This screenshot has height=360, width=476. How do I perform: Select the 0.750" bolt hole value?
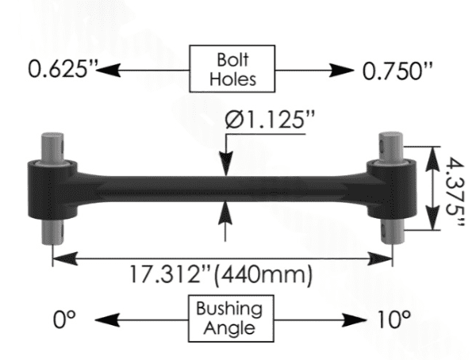(x=397, y=71)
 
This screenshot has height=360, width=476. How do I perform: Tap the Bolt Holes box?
(x=232, y=69)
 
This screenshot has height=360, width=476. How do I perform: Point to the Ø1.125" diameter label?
(x=270, y=119)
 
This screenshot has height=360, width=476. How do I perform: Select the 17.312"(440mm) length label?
(x=221, y=274)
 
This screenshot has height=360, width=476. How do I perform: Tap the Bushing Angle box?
(x=231, y=319)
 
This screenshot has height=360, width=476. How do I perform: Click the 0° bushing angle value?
(x=64, y=320)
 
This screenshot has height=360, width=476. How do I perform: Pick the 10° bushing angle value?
(x=394, y=320)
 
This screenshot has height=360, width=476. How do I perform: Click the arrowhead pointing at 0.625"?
(x=108, y=70)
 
